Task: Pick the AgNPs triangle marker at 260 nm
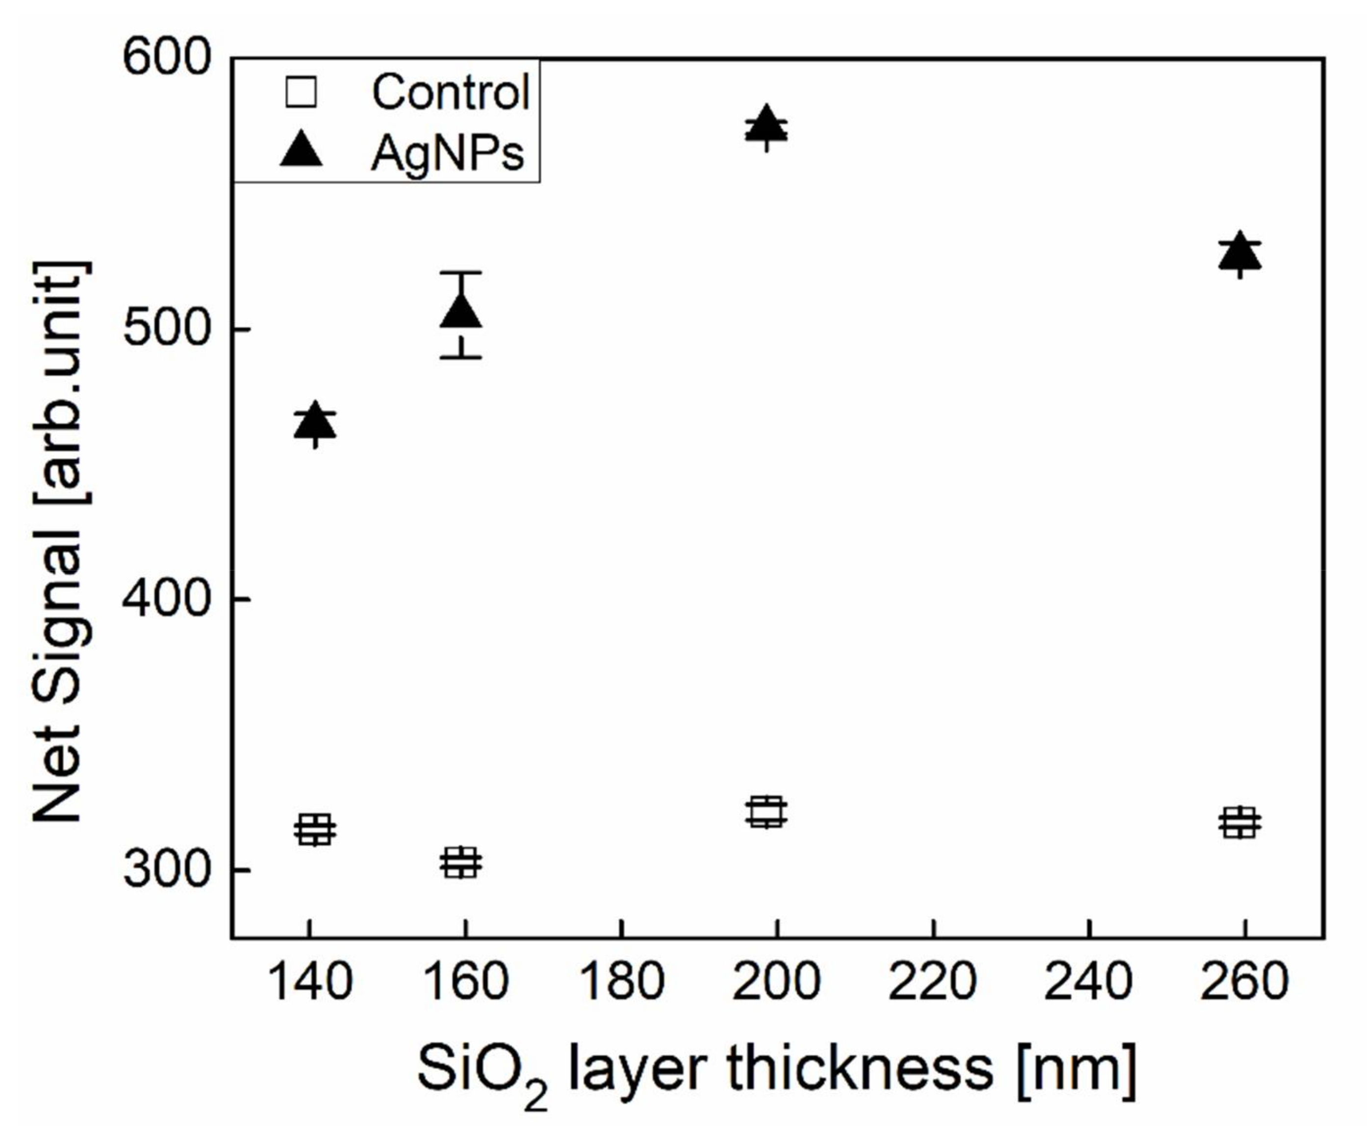coord(1240,252)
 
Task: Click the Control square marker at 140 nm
coord(315,829)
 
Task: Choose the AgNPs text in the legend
coord(447,154)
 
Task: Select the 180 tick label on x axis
coord(621,982)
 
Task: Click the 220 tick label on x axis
coord(932,982)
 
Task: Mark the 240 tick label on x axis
coord(1089,982)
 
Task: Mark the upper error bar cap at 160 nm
coord(461,272)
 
